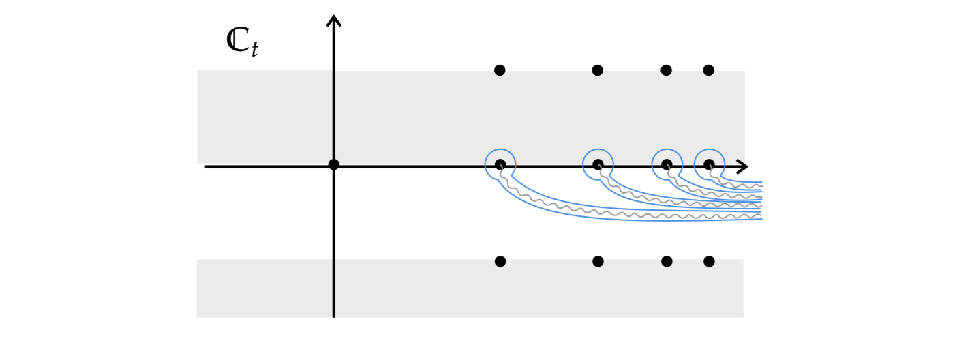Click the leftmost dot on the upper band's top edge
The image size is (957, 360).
[x=500, y=70]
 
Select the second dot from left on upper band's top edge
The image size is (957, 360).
[x=598, y=70]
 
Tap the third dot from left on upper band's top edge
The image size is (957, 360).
[x=667, y=70]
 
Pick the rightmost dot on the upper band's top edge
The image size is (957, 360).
[x=709, y=70]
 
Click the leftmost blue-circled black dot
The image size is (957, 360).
[x=500, y=164]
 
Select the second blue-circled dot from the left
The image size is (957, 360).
[x=598, y=164]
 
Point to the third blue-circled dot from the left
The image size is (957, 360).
[x=667, y=164]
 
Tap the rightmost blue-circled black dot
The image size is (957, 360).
[x=709, y=164]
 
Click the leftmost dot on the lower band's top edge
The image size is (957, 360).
[x=500, y=261]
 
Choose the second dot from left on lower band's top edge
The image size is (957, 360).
[x=598, y=261]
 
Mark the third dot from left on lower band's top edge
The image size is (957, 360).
[x=667, y=261]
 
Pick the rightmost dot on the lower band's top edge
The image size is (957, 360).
[x=709, y=261]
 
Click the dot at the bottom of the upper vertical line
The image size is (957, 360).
[x=333, y=164]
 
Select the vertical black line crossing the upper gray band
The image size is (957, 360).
[x=333, y=116]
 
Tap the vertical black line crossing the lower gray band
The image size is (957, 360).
[x=333, y=288]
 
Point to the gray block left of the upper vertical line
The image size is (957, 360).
[x=264, y=116]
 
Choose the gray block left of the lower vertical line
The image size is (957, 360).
[x=264, y=288]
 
